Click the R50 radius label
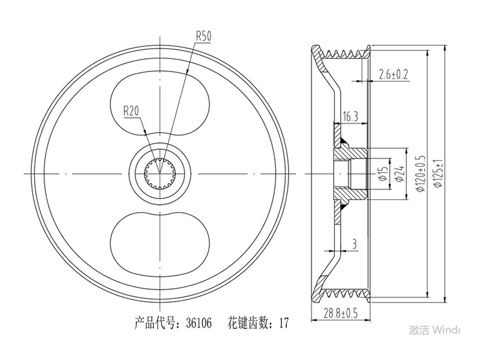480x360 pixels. point(203,37)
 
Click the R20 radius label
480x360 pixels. point(131,111)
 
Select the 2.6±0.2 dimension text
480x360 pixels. point(394,74)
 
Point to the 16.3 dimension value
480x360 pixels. point(350,116)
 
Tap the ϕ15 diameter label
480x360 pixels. point(384,173)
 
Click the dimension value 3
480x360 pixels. point(355,244)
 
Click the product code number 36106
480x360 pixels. point(199,323)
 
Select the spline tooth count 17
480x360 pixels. point(283,323)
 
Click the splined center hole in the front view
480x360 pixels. point(159,173)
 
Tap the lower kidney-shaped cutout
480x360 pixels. point(160,244)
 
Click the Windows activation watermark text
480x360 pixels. point(434,330)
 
